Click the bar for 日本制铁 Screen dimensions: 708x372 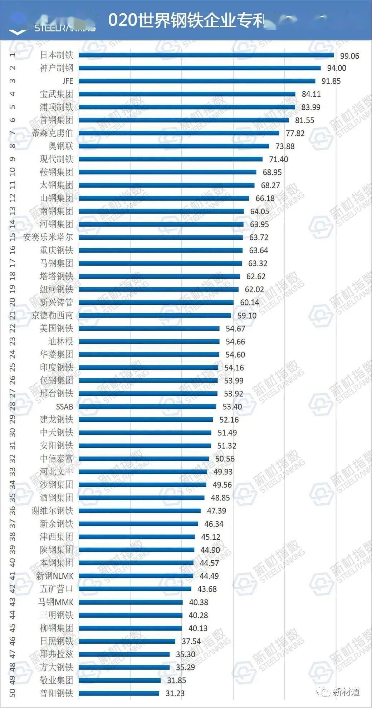coord(206,55)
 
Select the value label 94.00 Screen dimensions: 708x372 coord(336,68)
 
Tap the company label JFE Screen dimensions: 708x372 coord(68,81)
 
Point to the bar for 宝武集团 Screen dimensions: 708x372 coord(187,94)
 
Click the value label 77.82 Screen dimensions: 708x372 coord(295,134)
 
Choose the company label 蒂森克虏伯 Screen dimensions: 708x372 coord(52,133)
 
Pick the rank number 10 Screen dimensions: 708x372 coord(13,172)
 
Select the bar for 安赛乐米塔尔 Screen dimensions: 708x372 coord(160,238)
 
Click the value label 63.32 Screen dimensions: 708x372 coord(258,264)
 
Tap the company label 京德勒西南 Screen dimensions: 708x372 coord(52,315)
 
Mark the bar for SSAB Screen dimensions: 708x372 coord(147,407)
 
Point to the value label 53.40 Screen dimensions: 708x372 coord(232,407)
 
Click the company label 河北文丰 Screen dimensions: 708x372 coord(56,472)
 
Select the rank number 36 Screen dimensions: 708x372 coord(13,510)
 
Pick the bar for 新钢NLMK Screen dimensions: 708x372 coord(136,576)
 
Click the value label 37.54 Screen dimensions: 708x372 coord(191,642)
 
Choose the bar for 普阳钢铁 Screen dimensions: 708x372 coord(119,693)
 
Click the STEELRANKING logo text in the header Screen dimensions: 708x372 coord(65,28)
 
